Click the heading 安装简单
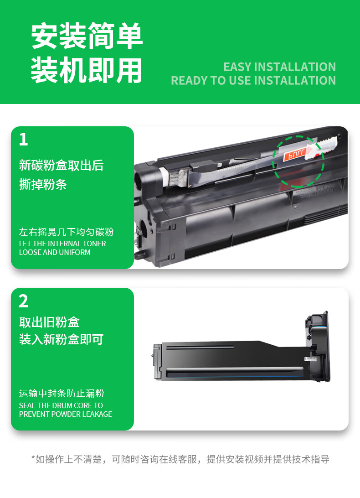pos(87,36)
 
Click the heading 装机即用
pos(87,70)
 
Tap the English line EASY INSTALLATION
pos(279,67)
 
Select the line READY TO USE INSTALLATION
pos(253,80)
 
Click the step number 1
pos(24,140)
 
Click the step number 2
pos(24,301)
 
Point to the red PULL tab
pos(294,154)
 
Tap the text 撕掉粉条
pos(43,184)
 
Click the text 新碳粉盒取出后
pos(61,166)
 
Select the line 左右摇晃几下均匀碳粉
pos(67,232)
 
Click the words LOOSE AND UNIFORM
pos(55,252)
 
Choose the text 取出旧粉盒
pos(49,322)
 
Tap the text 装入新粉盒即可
pos(61,339)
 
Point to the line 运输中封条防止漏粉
pos(62,393)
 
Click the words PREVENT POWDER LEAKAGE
pos(66,414)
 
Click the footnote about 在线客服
pos(180,459)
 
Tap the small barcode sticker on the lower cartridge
pos(311,359)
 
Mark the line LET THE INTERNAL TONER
pos(62,244)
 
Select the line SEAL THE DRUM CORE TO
pos(61,405)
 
